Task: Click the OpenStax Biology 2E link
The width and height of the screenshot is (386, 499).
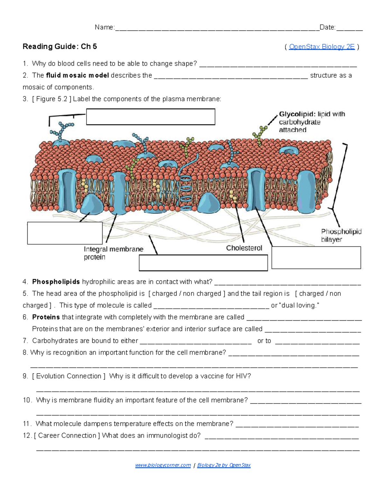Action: coord(322,47)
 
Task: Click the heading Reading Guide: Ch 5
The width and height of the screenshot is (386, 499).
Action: coord(60,47)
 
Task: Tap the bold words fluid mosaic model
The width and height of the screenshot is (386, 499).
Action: coord(77,76)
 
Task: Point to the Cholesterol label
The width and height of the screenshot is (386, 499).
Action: coord(244,248)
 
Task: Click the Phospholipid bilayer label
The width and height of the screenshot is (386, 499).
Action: coord(341,236)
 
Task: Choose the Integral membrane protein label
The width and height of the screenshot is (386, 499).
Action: coord(113,253)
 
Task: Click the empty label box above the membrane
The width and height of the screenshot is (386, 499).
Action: coord(151,117)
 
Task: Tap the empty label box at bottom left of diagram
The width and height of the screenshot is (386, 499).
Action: coord(65,233)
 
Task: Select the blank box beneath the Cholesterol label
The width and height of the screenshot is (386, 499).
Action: coord(203,263)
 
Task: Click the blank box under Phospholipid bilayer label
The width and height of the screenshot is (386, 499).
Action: coord(316,258)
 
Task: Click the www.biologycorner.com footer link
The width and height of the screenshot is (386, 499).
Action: coord(163,465)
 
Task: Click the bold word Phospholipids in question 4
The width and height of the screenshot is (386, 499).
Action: coord(56,282)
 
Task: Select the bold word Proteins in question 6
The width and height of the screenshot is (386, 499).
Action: coord(46,317)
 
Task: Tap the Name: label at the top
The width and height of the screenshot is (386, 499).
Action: coord(104,27)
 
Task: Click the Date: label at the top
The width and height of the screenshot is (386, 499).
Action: coord(327,27)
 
